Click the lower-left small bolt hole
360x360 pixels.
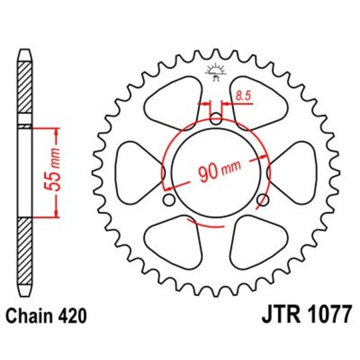tap(168, 200)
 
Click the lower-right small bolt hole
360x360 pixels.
tap(263, 200)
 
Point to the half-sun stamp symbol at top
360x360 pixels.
tap(215, 69)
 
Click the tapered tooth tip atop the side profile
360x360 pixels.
tap(23, 53)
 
